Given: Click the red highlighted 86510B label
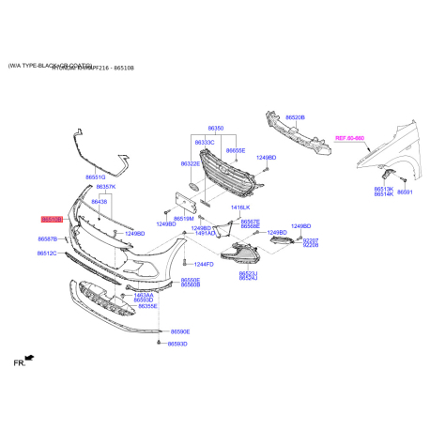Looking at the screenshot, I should pyautogui.click(x=51, y=218).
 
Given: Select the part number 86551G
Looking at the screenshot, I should pyautogui.click(x=69, y=177).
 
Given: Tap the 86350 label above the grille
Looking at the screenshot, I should pyautogui.click(x=216, y=128).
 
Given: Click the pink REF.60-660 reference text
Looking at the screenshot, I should pyautogui.click(x=348, y=138).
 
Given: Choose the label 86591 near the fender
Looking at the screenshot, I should pyautogui.click(x=405, y=192).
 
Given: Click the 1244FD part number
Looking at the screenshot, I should pyautogui.click(x=203, y=265).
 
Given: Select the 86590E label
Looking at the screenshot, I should pyautogui.click(x=178, y=331).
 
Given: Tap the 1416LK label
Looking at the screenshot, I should pyautogui.click(x=240, y=207).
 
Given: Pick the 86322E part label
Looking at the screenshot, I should pyautogui.click(x=191, y=163).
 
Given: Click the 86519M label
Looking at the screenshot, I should pyautogui.click(x=183, y=218).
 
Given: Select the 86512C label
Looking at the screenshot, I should pyautogui.click(x=48, y=253).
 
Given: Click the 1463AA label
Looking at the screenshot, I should pyautogui.click(x=144, y=294).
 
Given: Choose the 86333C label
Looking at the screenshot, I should pyautogui.click(x=204, y=142).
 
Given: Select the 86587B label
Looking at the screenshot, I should pyautogui.click(x=48, y=239).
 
